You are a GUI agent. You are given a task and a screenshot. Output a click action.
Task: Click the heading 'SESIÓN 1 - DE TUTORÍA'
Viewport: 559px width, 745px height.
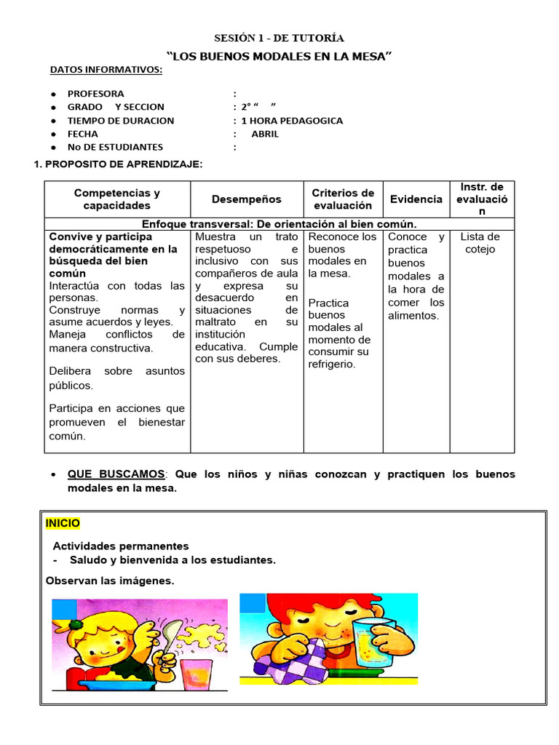coord(279,38)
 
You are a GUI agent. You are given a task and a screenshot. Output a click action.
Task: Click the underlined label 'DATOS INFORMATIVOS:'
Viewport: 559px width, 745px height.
coord(106,70)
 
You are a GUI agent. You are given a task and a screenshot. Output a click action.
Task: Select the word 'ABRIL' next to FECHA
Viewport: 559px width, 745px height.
coord(265,134)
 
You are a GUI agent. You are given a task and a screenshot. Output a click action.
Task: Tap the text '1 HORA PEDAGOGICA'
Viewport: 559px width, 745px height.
coord(292,121)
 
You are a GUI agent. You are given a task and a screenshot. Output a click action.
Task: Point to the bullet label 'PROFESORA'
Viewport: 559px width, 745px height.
coord(95,94)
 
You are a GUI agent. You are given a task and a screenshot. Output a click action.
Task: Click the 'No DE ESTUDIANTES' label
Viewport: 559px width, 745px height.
coord(115,147)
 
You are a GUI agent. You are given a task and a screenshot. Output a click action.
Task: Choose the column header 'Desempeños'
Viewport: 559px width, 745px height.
coord(246,199)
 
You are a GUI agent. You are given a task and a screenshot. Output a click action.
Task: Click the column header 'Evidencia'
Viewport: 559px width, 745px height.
coord(416,199)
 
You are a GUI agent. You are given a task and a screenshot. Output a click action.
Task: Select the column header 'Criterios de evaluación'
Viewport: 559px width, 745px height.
coord(343,199)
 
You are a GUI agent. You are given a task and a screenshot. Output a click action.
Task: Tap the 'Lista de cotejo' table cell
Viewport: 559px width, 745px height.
coord(480,243)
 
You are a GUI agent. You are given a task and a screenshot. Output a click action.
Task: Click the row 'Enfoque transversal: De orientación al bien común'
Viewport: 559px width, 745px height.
coord(279,224)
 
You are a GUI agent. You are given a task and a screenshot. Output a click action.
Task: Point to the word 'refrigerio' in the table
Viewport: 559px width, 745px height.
coord(331,364)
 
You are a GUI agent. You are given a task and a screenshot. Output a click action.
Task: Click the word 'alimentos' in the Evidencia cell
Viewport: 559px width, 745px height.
coord(413,316)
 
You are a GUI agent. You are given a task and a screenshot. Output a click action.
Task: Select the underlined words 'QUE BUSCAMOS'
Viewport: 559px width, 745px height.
coord(116,474)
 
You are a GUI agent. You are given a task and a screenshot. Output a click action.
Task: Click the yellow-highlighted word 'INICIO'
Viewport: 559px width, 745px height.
coord(63,523)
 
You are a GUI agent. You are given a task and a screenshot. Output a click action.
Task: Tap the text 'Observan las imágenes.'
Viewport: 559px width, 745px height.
coord(110,581)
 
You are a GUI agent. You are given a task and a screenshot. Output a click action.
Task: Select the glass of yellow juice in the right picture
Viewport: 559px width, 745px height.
coord(373,642)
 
